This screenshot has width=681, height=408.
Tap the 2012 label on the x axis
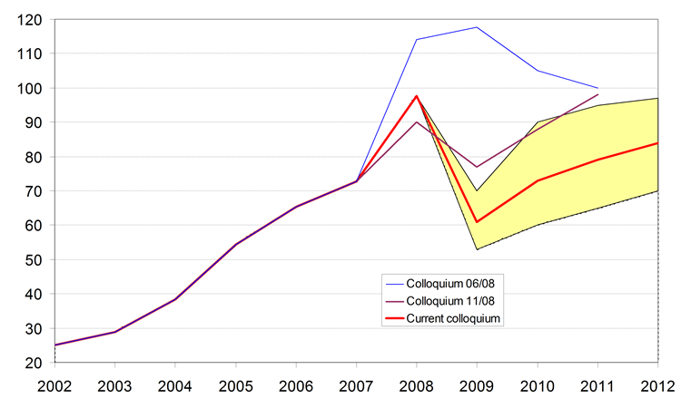pyautogui.click(x=658, y=384)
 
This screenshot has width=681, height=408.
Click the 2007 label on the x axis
pyautogui.click(x=355, y=384)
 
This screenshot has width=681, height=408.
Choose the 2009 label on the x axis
pyautogui.click(x=477, y=384)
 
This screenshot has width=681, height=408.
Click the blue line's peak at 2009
pyautogui.click(x=477, y=27)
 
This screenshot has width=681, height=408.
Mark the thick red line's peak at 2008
pyautogui.click(x=416, y=96)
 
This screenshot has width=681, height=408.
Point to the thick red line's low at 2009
pyautogui.click(x=477, y=222)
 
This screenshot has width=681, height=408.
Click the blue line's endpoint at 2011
pyautogui.click(x=598, y=88)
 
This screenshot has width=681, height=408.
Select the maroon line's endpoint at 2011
pyautogui.click(x=598, y=94)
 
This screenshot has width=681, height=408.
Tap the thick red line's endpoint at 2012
pyautogui.click(x=658, y=142)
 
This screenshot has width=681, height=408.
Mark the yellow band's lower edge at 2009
pyautogui.click(x=477, y=249)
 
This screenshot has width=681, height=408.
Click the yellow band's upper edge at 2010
pyautogui.click(x=538, y=121)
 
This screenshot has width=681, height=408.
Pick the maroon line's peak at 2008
pyautogui.click(x=416, y=121)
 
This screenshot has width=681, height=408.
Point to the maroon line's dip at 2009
pyautogui.click(x=477, y=167)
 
